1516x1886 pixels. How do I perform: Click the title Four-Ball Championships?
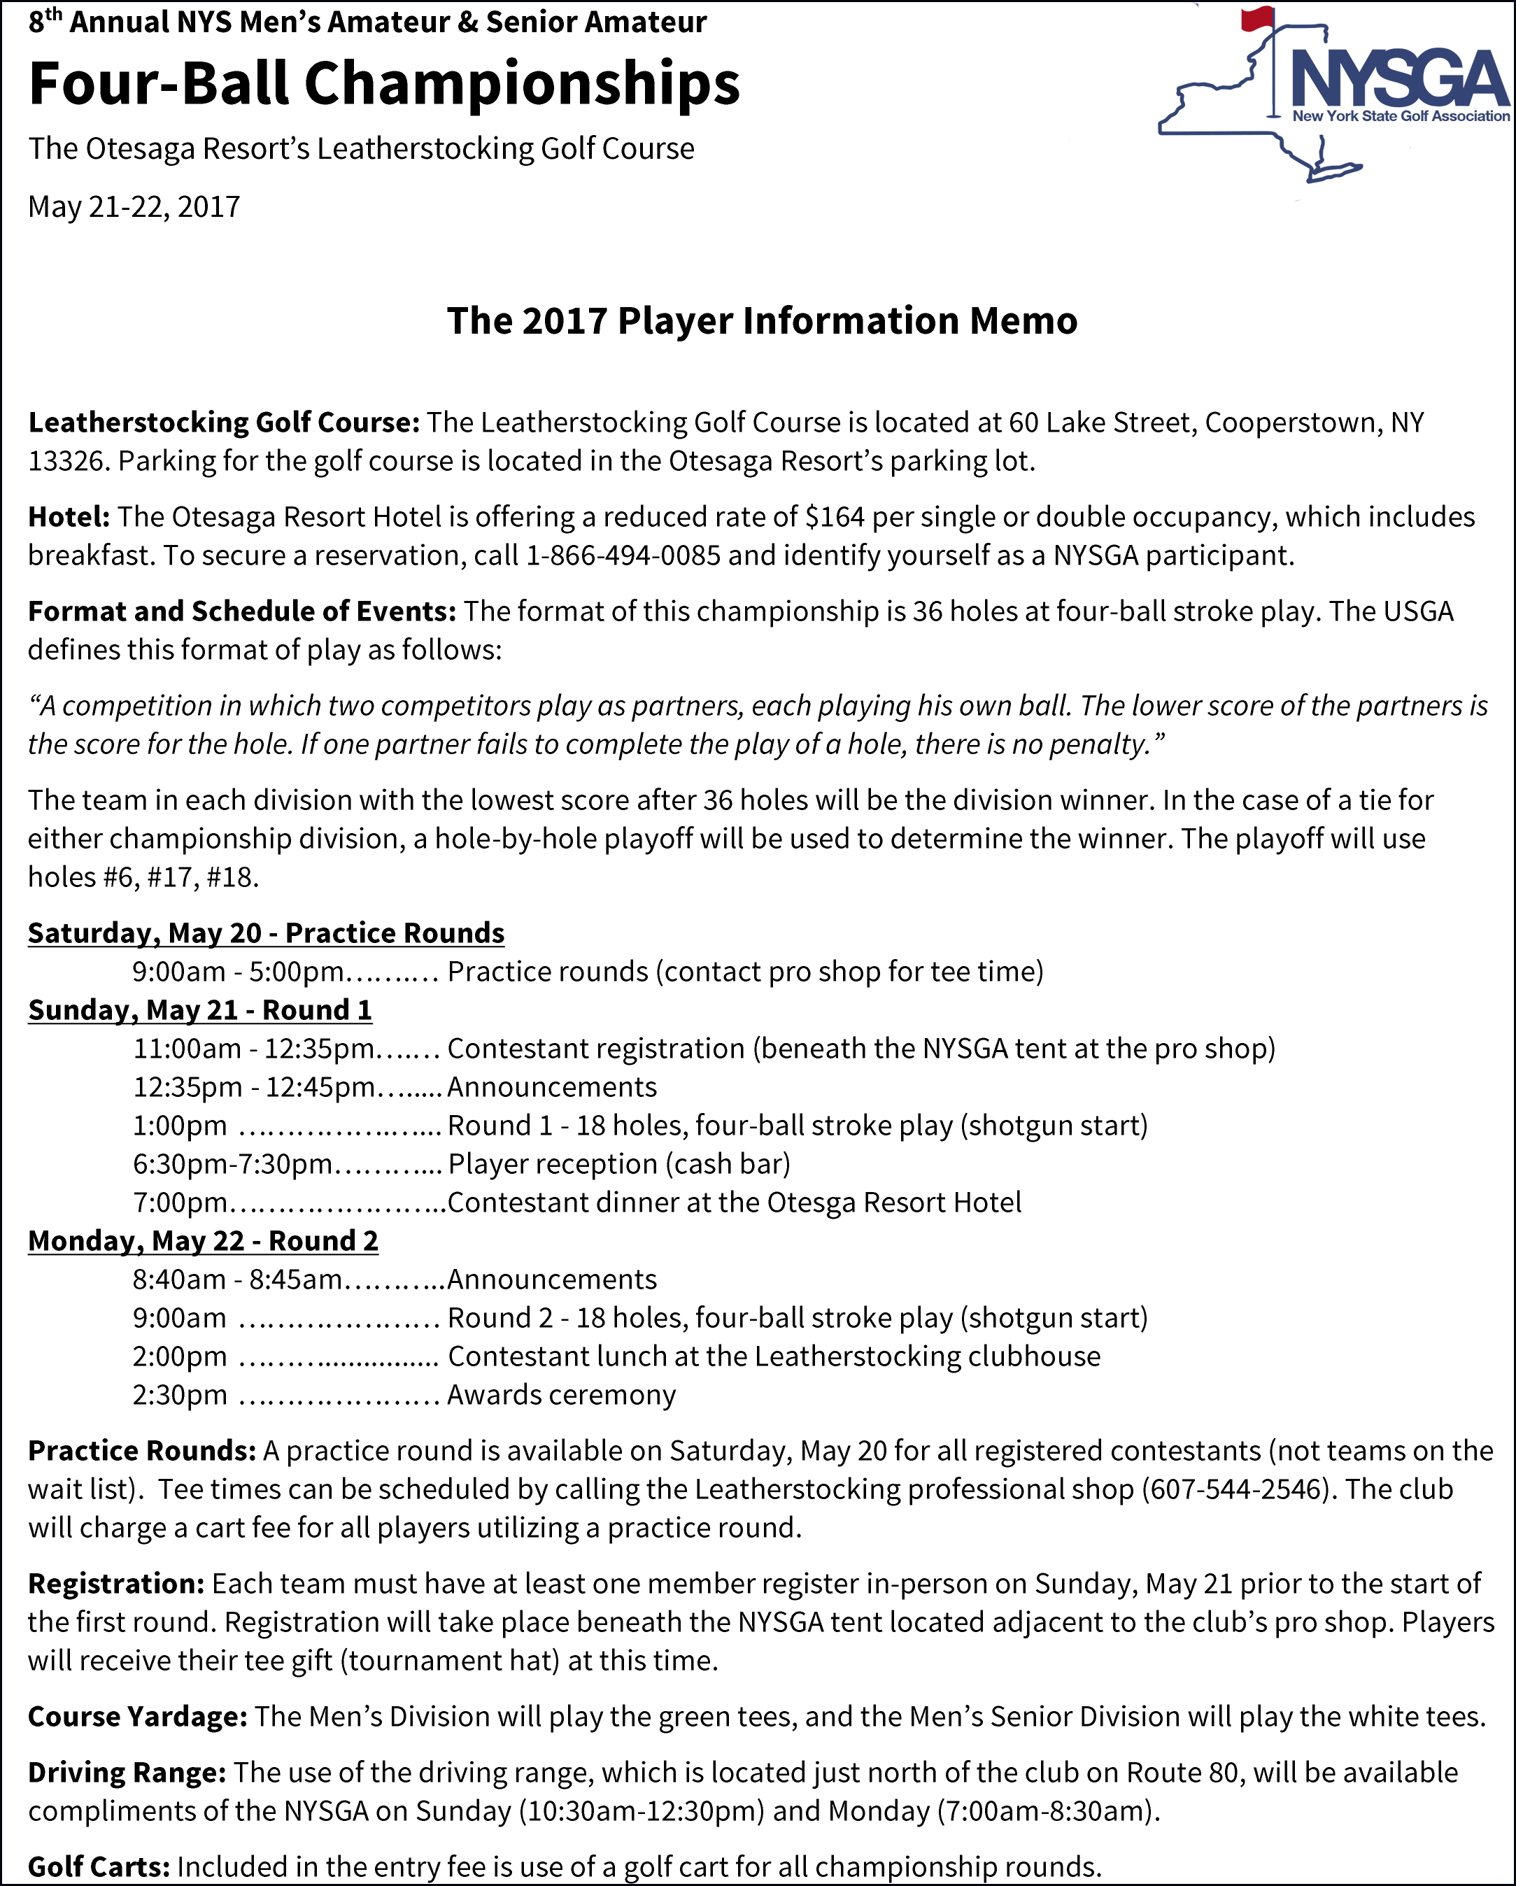pos(384,84)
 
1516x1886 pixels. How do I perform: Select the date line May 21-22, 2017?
pos(134,206)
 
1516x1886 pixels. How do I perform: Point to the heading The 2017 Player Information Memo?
pos(761,320)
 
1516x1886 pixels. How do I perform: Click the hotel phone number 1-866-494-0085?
pos(623,555)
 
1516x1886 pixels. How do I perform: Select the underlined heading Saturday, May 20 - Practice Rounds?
pos(266,933)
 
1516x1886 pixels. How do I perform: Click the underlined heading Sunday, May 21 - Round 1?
pos(199,1009)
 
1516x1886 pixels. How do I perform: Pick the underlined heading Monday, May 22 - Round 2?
pos(203,1240)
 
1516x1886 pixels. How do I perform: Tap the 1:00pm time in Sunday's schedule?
pos(179,1126)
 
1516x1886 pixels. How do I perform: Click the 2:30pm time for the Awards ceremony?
pos(179,1395)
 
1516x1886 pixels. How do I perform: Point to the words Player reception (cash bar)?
pos(618,1164)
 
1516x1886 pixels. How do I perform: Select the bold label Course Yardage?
pos(137,1716)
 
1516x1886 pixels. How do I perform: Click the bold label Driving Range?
pos(127,1772)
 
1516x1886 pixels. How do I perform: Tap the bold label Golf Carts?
pos(99,1866)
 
